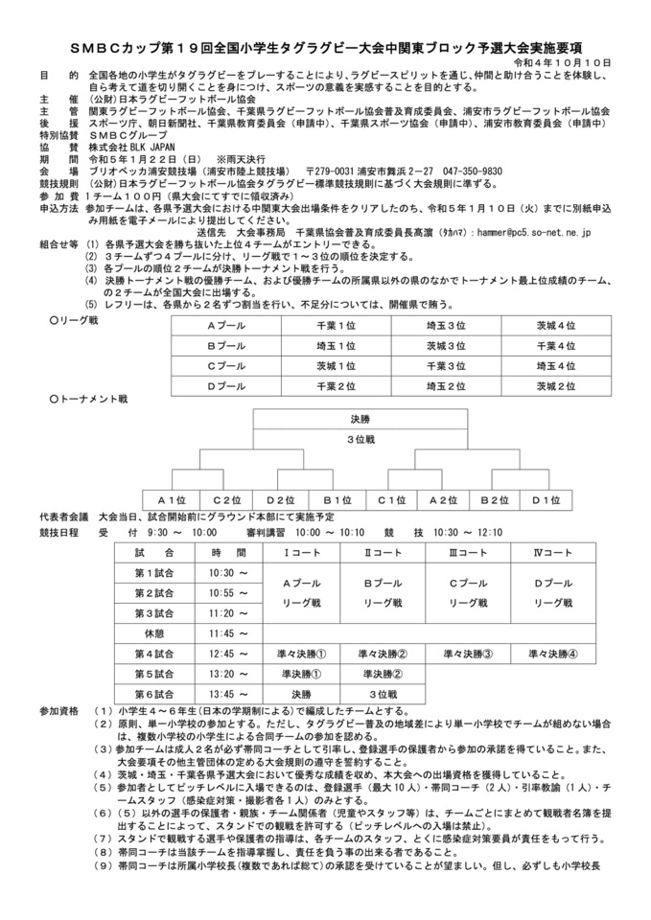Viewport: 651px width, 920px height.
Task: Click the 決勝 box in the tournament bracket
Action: [360, 419]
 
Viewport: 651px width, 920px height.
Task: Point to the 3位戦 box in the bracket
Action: [360, 439]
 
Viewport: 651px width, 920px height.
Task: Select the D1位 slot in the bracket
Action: [546, 499]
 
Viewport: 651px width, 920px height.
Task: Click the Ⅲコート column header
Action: [469, 553]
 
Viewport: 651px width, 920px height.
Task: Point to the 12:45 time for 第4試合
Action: [221, 654]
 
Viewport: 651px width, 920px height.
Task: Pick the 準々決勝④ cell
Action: [552, 654]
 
